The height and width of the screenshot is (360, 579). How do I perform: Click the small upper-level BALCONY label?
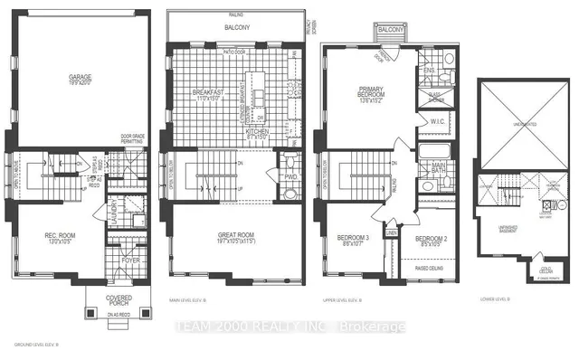coord(391,31)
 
